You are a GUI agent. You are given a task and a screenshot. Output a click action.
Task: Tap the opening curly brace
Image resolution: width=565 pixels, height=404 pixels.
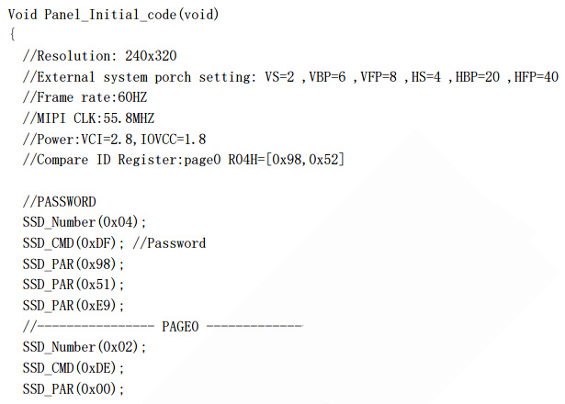[12, 35]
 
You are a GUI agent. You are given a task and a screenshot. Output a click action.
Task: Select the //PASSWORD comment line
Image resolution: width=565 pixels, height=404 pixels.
[59, 201]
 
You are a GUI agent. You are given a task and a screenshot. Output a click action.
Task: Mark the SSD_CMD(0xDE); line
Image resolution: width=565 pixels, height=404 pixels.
[73, 368]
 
